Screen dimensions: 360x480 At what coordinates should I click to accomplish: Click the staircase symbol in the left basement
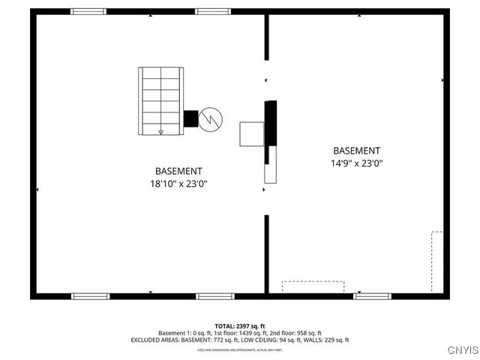click(160, 100)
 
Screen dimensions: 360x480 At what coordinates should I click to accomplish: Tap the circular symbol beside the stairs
click(211, 118)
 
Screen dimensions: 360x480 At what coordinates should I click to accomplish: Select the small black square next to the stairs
click(190, 118)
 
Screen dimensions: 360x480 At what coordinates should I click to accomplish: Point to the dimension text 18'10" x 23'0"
click(178, 183)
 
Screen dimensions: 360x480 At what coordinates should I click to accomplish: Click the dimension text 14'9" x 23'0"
click(356, 163)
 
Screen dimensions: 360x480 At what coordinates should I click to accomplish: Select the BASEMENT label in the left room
click(178, 171)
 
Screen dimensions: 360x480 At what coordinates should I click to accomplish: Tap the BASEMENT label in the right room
click(356, 151)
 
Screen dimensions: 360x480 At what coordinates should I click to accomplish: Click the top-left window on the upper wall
click(88, 11)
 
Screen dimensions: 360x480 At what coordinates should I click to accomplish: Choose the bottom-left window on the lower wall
click(91, 296)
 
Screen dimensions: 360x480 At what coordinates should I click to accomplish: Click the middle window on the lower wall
click(215, 296)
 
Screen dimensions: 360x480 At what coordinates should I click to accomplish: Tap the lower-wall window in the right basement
click(373, 296)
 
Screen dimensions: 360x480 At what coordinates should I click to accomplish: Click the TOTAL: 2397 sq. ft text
click(240, 326)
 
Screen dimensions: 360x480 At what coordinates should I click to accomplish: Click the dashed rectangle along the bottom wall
click(313, 286)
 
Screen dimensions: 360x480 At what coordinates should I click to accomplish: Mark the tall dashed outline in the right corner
click(436, 261)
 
